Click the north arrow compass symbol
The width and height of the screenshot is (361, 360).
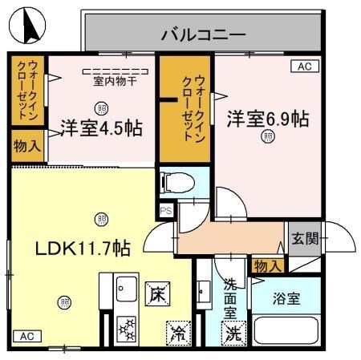[x=29, y=26]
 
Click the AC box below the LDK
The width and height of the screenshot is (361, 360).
[x=25, y=336]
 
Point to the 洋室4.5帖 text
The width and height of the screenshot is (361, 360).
[x=101, y=127]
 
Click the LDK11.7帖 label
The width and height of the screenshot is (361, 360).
[x=82, y=248]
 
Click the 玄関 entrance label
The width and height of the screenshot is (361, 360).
[x=304, y=237]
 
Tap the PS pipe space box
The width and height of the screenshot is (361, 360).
[x=166, y=211]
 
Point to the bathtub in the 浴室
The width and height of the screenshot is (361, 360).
[x=287, y=332]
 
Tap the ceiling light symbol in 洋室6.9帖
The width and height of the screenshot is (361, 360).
[x=266, y=137]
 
